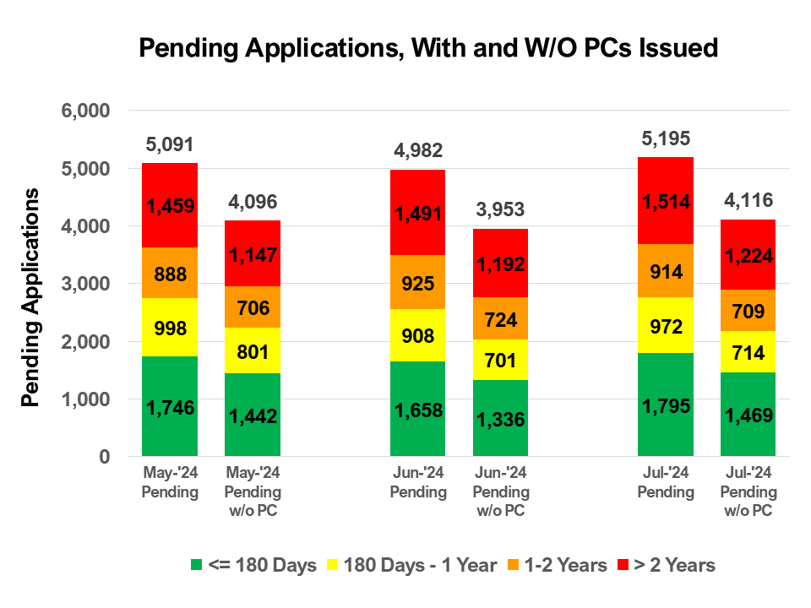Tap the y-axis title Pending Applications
(31, 297)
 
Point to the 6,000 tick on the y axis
(86, 111)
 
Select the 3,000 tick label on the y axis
(86, 285)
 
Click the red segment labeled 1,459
(170, 205)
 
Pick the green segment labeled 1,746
(170, 407)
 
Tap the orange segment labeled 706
(253, 307)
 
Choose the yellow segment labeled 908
(418, 336)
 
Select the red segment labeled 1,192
(501, 263)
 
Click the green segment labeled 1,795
(666, 405)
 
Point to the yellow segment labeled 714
(748, 351)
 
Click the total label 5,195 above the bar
(666, 138)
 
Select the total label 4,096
(253, 203)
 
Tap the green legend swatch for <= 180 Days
(197, 565)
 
